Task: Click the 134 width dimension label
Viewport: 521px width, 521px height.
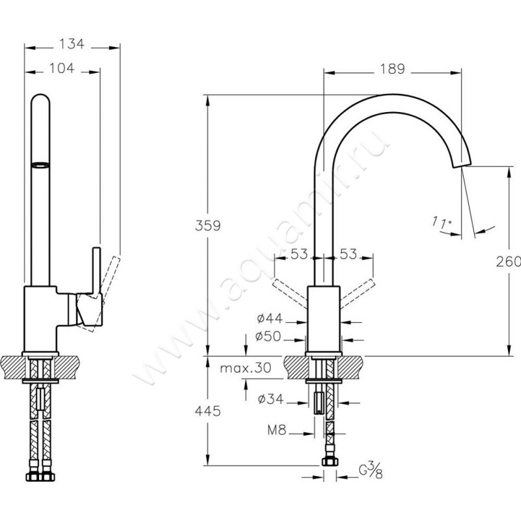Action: (x=72, y=44)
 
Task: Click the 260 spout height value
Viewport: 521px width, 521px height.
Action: (x=512, y=261)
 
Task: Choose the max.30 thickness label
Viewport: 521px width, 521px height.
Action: (x=245, y=368)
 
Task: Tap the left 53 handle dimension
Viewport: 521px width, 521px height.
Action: (x=299, y=254)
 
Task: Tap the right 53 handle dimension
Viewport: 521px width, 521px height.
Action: (x=348, y=254)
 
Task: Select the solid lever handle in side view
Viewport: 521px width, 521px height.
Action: (x=96, y=274)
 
